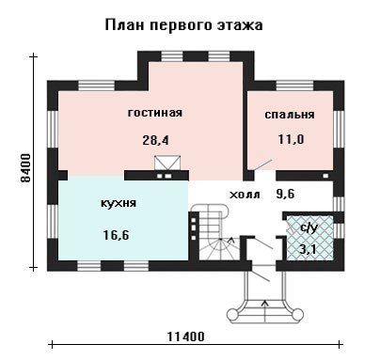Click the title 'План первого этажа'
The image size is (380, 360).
pyautogui.click(x=183, y=25)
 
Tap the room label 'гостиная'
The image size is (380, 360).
pyautogui.click(x=155, y=113)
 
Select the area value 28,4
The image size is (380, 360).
pyautogui.click(x=155, y=140)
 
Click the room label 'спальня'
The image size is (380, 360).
pyautogui.click(x=290, y=115)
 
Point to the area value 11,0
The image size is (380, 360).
pyautogui.click(x=291, y=139)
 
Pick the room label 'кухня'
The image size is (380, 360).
pyautogui.click(x=119, y=203)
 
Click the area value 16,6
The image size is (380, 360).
pyautogui.click(x=116, y=235)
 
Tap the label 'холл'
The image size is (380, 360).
pyautogui.click(x=245, y=195)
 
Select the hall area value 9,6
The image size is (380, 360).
pyautogui.click(x=285, y=195)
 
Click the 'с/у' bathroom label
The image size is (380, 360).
pyautogui.click(x=309, y=228)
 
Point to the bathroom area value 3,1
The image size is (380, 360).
pyautogui.click(x=308, y=250)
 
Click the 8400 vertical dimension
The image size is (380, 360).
pyautogui.click(x=25, y=167)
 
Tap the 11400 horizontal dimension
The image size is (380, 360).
pyautogui.click(x=185, y=337)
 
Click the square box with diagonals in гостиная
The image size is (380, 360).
pyautogui.click(x=167, y=164)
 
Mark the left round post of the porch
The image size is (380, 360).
pyautogui.click(x=233, y=314)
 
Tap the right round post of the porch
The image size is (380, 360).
pyautogui.click(x=297, y=314)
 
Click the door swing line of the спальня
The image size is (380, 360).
pyautogui.click(x=262, y=165)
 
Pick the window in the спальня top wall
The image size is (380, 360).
pyautogui.click(x=294, y=86)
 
